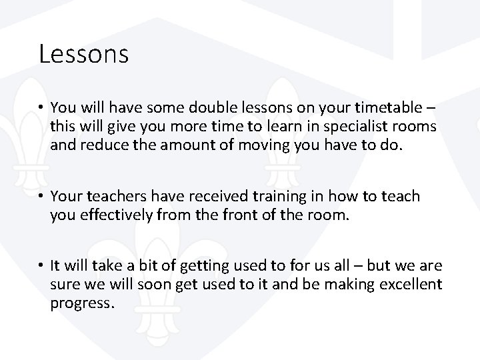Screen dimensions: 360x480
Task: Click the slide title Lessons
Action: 83,54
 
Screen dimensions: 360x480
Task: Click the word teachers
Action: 112,197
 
